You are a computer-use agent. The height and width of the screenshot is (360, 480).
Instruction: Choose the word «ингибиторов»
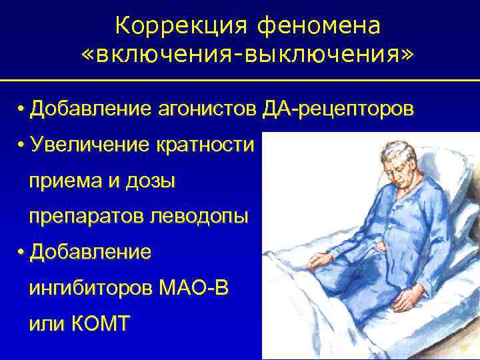click(91, 289)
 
